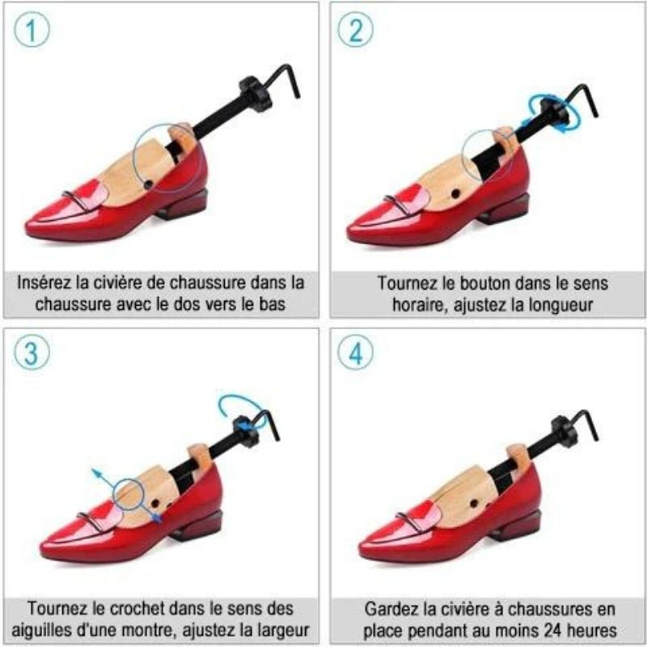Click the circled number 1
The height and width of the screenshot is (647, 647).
(x=32, y=29)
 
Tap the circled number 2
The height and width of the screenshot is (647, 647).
(x=355, y=29)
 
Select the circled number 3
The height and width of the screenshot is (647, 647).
(x=32, y=353)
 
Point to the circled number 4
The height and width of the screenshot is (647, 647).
(x=355, y=353)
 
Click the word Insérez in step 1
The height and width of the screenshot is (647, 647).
(x=44, y=282)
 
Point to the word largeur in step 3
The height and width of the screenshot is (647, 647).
(x=282, y=630)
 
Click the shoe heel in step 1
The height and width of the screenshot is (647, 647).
(x=184, y=205)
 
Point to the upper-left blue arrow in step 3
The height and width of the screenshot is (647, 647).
(x=104, y=479)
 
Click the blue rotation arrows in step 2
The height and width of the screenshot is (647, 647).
(x=554, y=112)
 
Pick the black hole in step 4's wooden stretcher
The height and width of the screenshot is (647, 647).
(x=475, y=503)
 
